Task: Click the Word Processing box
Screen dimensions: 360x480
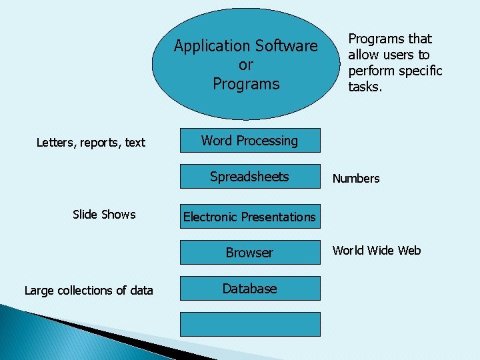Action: (x=249, y=141)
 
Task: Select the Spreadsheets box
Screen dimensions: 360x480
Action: (x=249, y=177)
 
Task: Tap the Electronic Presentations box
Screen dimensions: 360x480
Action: (x=249, y=217)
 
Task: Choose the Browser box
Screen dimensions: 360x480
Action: (x=249, y=253)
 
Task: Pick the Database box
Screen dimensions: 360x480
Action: (x=249, y=289)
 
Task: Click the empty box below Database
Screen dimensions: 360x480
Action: (x=249, y=325)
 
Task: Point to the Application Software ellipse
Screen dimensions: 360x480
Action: (x=246, y=65)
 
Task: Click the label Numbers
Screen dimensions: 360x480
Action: (x=356, y=178)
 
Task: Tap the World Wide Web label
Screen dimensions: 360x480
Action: (x=377, y=250)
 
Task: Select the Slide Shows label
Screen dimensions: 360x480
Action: (x=104, y=214)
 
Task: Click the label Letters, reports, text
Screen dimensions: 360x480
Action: (x=91, y=142)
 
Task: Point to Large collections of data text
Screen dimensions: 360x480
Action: (x=89, y=290)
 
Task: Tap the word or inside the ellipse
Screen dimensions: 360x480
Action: (x=246, y=65)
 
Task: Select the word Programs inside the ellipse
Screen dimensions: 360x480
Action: (x=246, y=84)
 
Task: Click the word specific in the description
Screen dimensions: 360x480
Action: (x=420, y=71)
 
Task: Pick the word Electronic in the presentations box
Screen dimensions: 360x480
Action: (x=210, y=217)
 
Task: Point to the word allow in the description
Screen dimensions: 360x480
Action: (x=365, y=55)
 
